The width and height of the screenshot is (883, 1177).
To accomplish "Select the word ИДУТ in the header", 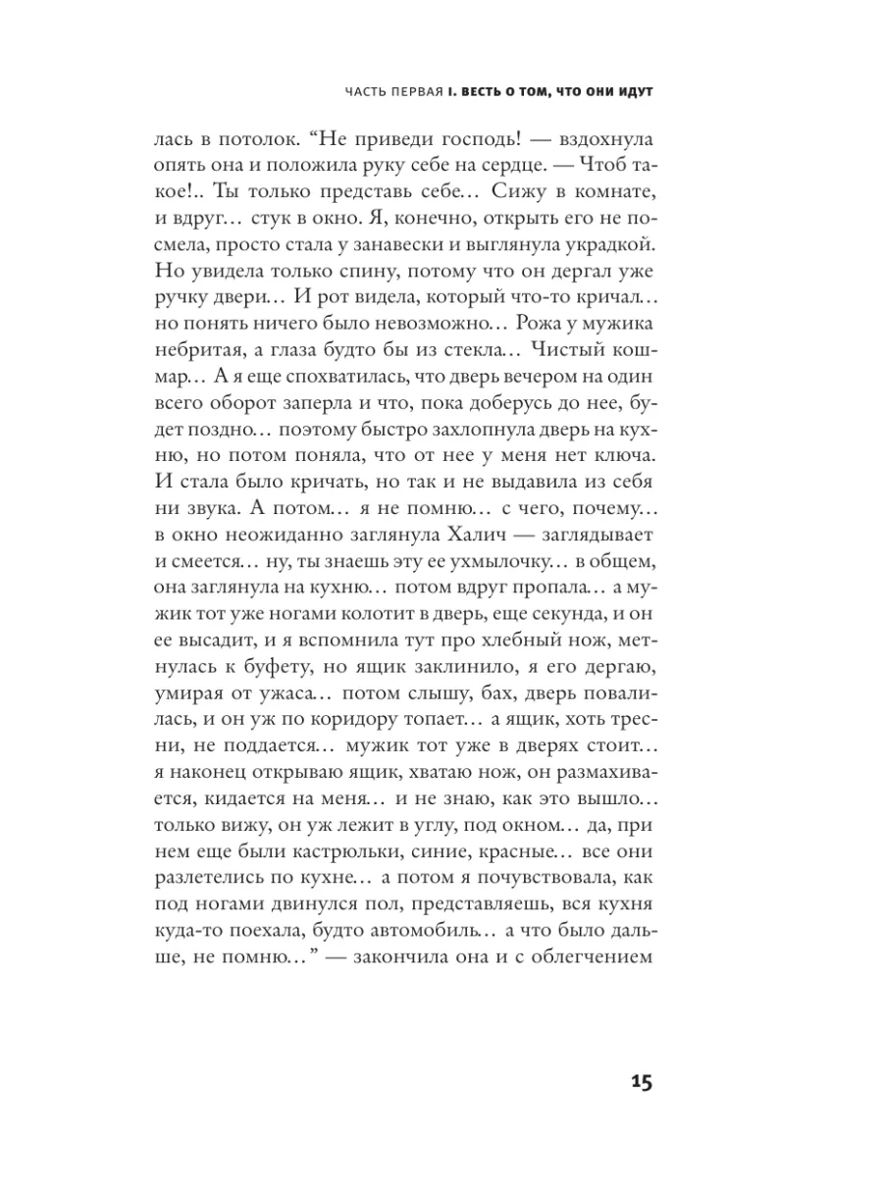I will [x=634, y=91].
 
